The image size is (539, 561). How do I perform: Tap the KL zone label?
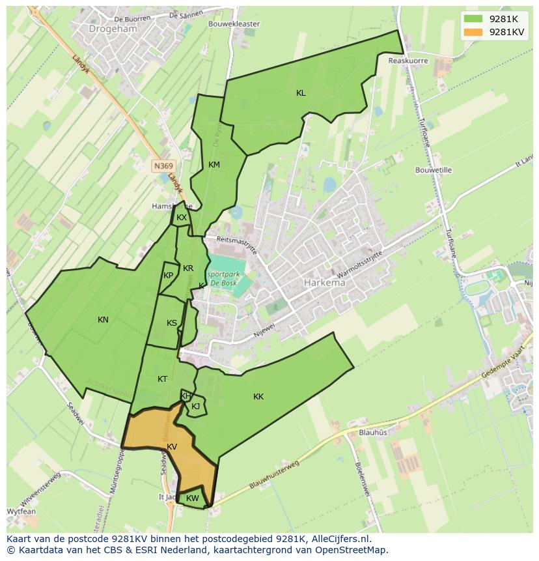301,93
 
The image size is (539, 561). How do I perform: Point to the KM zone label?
214,165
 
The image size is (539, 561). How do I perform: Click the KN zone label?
103,320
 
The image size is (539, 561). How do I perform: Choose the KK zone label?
258,397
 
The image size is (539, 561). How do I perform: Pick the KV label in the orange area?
172,447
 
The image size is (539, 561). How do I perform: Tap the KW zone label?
192,498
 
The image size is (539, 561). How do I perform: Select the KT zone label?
162,379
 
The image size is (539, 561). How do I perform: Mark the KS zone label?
171,323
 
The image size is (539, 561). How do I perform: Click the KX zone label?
182,218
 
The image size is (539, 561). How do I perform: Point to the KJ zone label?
195,407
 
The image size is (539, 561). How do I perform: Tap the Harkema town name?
325,283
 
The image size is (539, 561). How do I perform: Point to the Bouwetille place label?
434,170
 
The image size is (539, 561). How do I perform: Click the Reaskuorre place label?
408,61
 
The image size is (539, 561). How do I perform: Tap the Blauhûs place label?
373,432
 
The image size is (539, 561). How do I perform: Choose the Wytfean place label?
21,511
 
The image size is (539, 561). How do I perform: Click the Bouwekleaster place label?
234,24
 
